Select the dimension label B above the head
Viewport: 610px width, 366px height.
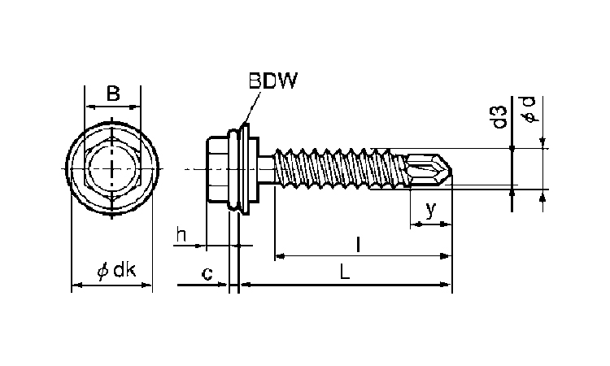(113, 94)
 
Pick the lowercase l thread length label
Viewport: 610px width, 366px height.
(359, 243)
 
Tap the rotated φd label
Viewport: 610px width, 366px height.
(529, 108)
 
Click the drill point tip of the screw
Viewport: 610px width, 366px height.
(448, 169)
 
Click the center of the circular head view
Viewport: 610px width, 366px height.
(112, 168)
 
